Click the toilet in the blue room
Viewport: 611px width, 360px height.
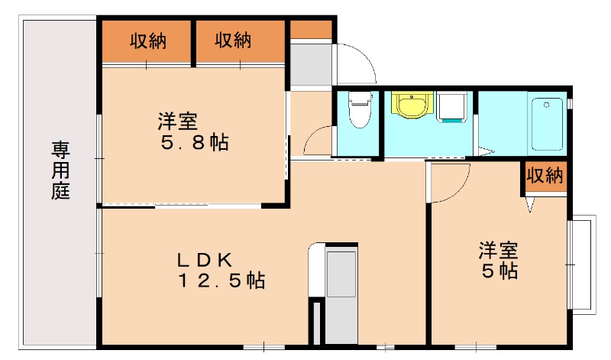click(x=358, y=109)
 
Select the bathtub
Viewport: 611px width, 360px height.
click(x=546, y=124)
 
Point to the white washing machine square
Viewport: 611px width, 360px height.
click(x=454, y=108)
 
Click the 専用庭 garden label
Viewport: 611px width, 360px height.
click(x=61, y=170)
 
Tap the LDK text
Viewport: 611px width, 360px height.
click(x=205, y=258)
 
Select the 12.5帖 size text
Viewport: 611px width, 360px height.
click(x=221, y=281)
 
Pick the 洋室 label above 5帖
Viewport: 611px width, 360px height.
click(x=499, y=250)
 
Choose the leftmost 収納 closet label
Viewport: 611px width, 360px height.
click(x=147, y=41)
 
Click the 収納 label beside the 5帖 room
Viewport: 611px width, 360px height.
click(x=545, y=176)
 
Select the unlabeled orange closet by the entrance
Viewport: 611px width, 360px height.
click(x=311, y=30)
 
